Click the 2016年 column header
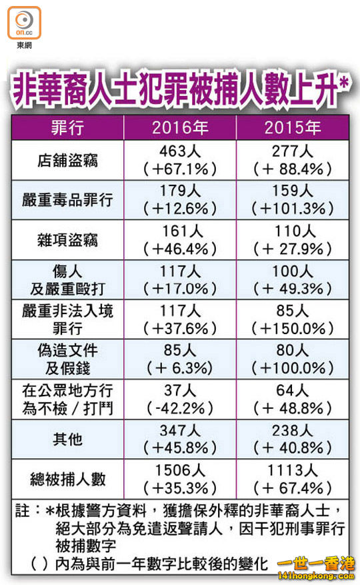point(180,127)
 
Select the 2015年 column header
point(293,127)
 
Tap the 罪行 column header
point(67,127)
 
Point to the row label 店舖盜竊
point(67,161)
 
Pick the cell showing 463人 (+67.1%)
point(180,160)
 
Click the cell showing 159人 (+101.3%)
point(293,200)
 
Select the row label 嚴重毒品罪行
point(67,200)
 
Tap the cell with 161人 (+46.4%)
point(180,240)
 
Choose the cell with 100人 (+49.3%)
point(293,279)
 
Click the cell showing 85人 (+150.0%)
point(293,320)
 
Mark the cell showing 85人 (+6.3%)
point(180,360)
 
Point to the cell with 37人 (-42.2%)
point(180,400)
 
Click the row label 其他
point(67,439)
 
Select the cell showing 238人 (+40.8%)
point(293,439)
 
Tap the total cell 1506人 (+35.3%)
point(180,479)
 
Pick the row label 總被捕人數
point(67,479)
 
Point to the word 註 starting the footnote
point(22,510)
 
